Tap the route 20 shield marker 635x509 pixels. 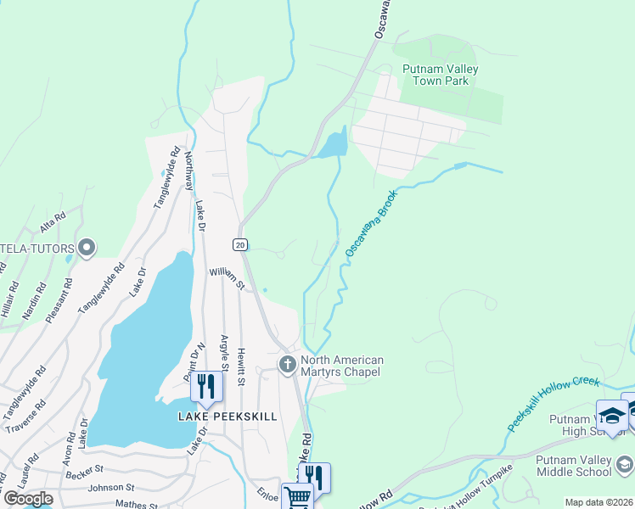click(240, 244)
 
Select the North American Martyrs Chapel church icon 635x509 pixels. click(287, 365)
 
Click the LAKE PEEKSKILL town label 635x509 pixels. click(228, 417)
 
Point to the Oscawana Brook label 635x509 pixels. click(371, 223)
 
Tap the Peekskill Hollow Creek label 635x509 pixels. click(554, 403)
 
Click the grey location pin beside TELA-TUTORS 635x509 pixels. click(86, 248)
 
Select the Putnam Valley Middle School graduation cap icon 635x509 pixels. click(625, 464)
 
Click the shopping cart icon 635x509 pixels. click(296, 497)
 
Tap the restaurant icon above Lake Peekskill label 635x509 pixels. click(206, 386)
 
